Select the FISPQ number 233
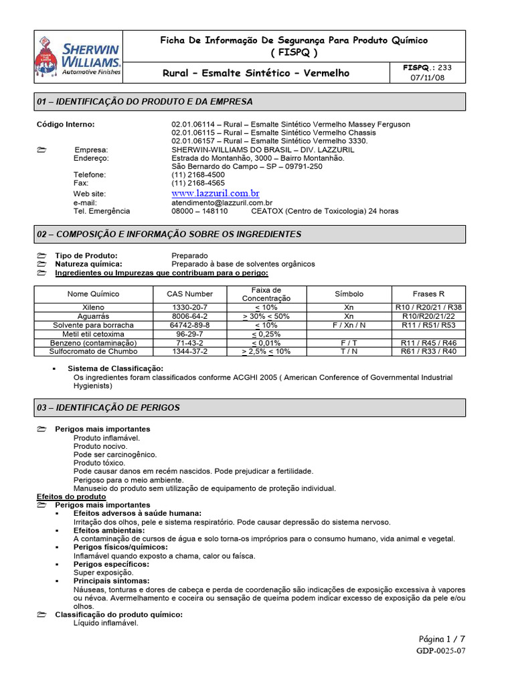[x=445, y=68]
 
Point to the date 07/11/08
[x=428, y=78]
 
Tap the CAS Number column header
[x=189, y=294]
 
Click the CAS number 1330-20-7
[x=190, y=307]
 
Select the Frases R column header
[x=428, y=294]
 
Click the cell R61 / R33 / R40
[x=428, y=351]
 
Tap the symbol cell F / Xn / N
[x=349, y=325]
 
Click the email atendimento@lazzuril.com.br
[x=222, y=202]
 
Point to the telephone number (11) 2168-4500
[x=198, y=174]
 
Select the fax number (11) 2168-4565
[x=198, y=183]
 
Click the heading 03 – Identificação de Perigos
[x=108, y=407]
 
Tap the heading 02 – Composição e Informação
[x=169, y=234]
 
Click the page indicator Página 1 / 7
[x=442, y=639]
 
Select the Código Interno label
[x=66, y=125]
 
